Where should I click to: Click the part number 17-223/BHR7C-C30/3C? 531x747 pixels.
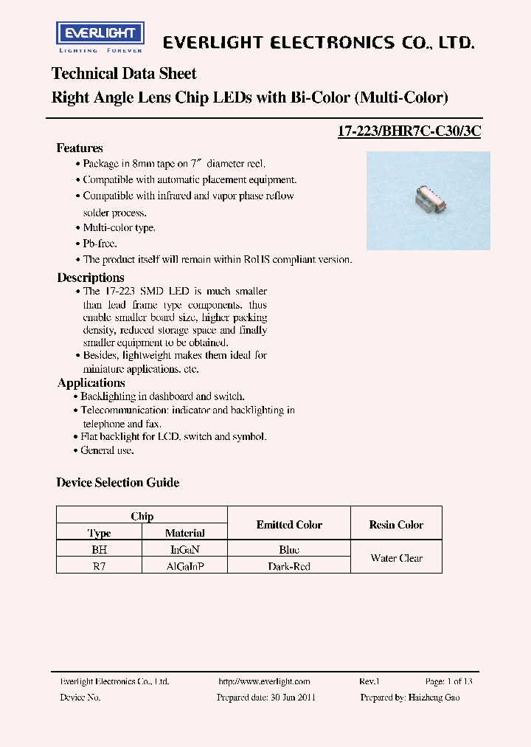(x=409, y=133)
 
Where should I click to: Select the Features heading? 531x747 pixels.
(x=80, y=148)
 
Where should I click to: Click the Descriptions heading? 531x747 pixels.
(x=91, y=278)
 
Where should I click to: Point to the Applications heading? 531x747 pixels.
(x=91, y=382)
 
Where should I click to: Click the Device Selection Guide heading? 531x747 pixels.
(x=117, y=483)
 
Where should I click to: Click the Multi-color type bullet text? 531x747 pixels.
(x=119, y=228)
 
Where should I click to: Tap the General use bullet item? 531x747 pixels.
(x=107, y=450)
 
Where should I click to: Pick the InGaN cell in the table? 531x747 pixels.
(x=185, y=550)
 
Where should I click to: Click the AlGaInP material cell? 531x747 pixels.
(x=185, y=567)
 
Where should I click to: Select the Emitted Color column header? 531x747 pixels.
(x=289, y=525)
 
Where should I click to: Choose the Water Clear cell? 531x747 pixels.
(x=396, y=558)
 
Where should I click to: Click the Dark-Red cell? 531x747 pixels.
(x=289, y=567)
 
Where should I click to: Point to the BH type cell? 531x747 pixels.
(x=99, y=550)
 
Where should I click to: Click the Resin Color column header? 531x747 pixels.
(x=396, y=525)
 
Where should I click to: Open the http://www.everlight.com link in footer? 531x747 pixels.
(x=264, y=682)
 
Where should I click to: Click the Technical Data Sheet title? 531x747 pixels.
(x=124, y=74)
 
